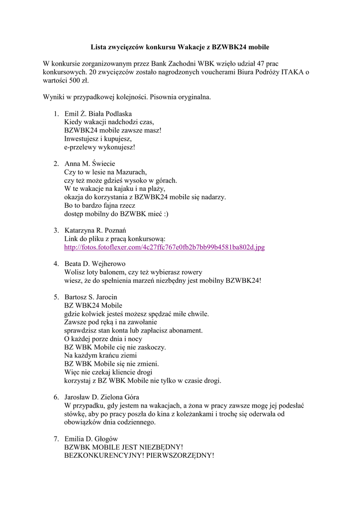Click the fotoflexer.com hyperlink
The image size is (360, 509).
[165, 247]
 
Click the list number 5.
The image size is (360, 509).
[56, 297]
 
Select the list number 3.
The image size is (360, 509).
[56, 230]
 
